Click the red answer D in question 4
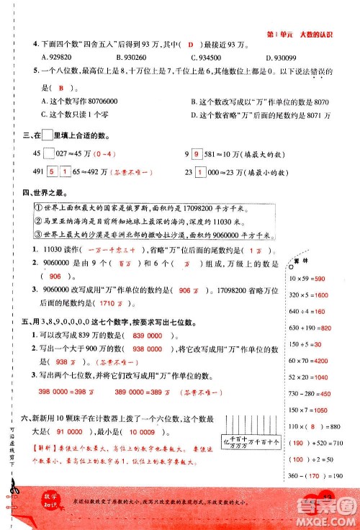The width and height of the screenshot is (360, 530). [191, 44]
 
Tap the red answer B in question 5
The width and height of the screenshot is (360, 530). [63, 88]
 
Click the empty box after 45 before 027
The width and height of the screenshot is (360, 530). [49, 153]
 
